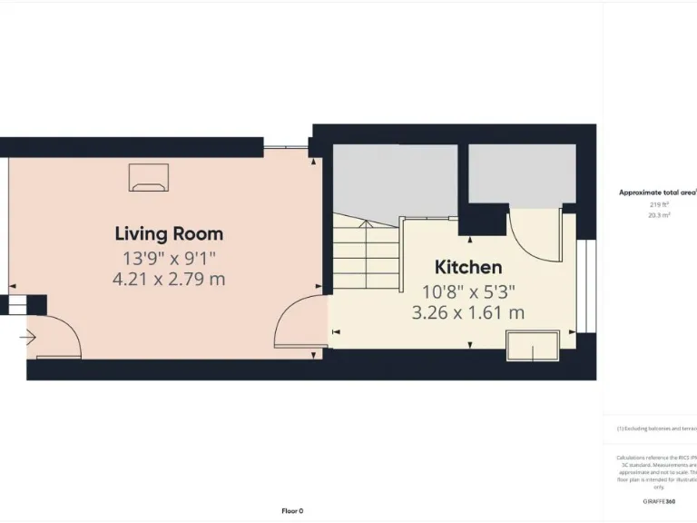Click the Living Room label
tap(169, 233)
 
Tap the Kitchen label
tap(468, 267)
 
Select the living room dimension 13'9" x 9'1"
tap(169, 257)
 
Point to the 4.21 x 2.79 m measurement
tap(169, 280)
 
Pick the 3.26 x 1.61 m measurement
tap(468, 313)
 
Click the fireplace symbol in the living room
tap(148, 178)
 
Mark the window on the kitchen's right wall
tap(584, 285)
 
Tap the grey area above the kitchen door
tap(522, 173)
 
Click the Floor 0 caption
tap(292, 510)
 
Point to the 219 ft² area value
tap(656, 204)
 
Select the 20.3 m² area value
tap(656, 215)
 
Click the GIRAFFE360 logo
tap(659, 500)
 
